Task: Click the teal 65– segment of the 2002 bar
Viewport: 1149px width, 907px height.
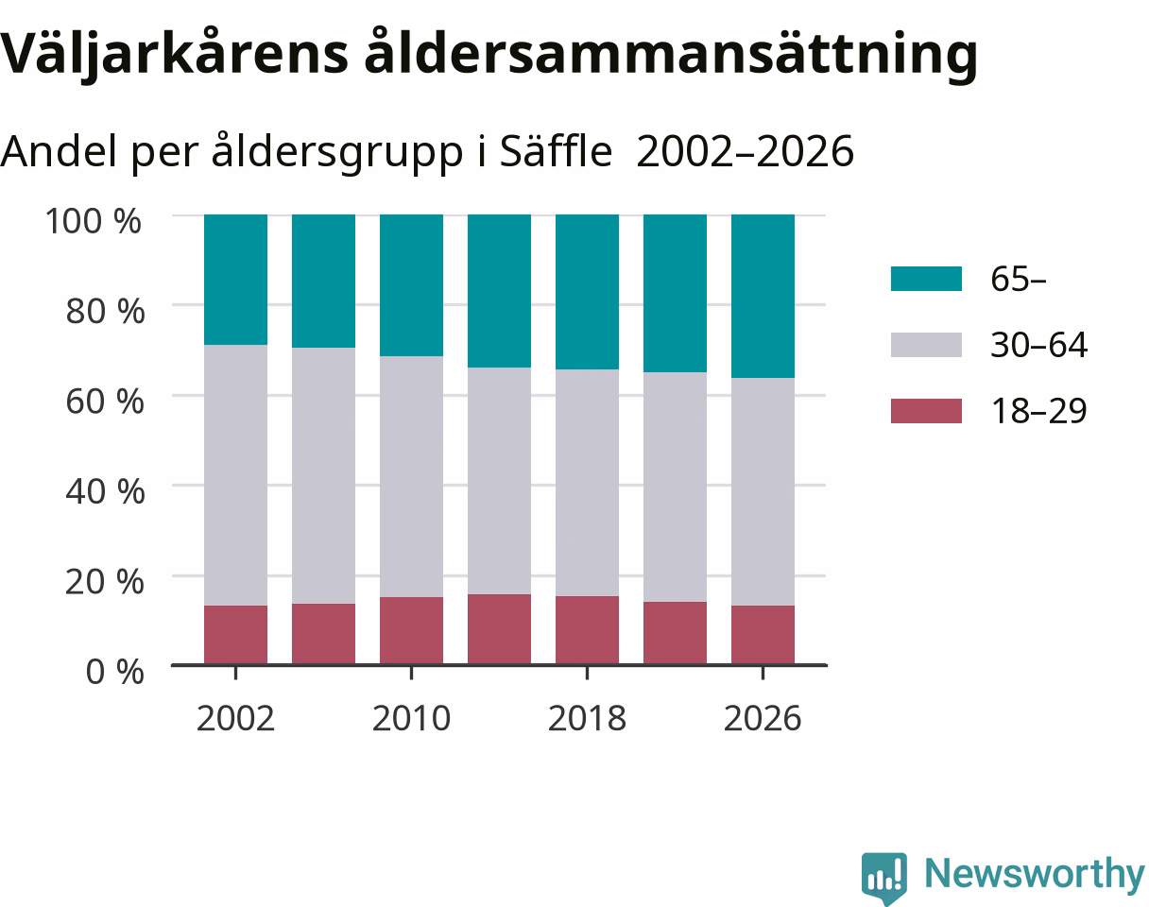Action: click(x=235, y=280)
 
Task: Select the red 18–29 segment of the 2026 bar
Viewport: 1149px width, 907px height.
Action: click(x=763, y=635)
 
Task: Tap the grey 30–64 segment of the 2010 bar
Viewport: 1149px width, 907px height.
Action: click(x=411, y=476)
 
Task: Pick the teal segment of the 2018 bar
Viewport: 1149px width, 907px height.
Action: click(x=587, y=292)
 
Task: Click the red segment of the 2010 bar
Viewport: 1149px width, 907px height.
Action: click(x=411, y=630)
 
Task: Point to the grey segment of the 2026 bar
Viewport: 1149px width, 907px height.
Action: click(x=763, y=491)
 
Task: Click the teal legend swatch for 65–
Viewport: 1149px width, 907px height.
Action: click(x=926, y=279)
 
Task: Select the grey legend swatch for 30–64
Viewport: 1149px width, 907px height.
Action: click(x=926, y=345)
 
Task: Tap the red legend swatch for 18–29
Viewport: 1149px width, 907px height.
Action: click(x=926, y=411)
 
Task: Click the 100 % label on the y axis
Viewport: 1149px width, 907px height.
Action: click(x=94, y=221)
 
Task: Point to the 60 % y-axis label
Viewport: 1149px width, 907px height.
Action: click(x=105, y=402)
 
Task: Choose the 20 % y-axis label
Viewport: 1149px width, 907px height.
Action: click(x=105, y=582)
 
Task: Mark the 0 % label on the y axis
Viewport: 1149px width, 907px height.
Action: click(x=114, y=672)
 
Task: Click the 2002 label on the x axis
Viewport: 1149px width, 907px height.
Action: click(x=235, y=719)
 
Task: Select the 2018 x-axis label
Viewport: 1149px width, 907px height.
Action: click(x=587, y=719)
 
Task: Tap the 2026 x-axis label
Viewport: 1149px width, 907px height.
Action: click(x=763, y=719)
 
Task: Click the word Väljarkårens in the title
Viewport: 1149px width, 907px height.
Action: click(x=174, y=54)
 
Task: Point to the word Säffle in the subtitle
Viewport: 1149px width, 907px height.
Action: click(x=556, y=151)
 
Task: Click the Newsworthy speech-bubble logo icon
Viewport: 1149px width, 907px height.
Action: click(x=884, y=877)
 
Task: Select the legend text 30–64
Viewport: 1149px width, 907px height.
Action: click(x=1038, y=345)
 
